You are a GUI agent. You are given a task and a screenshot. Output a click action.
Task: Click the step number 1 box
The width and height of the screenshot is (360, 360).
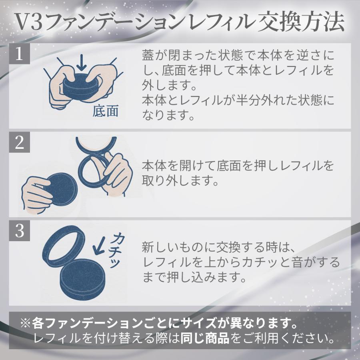click(x=20, y=54)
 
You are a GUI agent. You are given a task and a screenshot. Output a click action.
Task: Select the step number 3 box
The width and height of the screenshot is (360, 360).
click(x=20, y=231)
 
